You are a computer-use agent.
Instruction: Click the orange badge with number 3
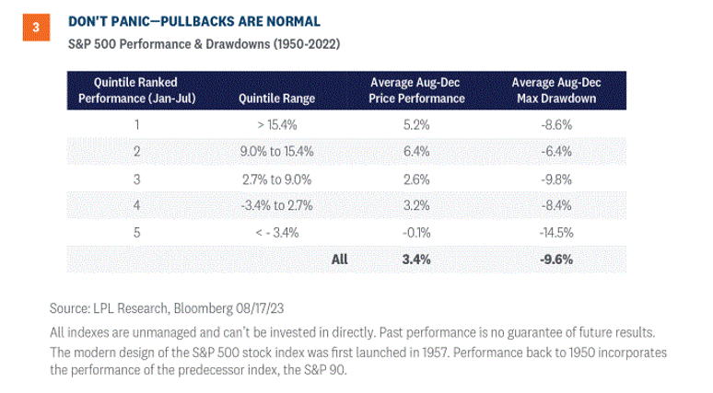click(x=36, y=28)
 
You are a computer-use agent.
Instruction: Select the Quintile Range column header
click(x=277, y=98)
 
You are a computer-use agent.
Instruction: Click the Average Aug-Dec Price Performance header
click(x=416, y=90)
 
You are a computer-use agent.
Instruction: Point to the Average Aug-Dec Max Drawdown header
click(x=556, y=90)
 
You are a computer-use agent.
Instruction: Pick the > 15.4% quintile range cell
click(x=277, y=124)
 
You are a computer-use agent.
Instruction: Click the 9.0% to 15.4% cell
click(x=277, y=151)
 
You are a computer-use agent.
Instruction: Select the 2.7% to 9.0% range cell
click(x=277, y=179)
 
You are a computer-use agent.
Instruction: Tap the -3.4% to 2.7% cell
click(x=277, y=205)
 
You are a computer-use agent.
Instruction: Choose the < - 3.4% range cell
click(x=277, y=233)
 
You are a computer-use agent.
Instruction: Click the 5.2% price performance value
click(x=416, y=124)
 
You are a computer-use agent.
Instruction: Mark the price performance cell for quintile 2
click(x=416, y=151)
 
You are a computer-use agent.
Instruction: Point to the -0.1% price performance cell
click(x=416, y=233)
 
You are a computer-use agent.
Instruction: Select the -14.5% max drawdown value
click(x=556, y=233)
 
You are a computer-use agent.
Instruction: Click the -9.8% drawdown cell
click(x=556, y=179)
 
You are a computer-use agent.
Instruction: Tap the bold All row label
click(x=339, y=260)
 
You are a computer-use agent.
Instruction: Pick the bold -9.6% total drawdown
click(x=556, y=260)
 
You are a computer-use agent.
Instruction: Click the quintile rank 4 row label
click(x=137, y=205)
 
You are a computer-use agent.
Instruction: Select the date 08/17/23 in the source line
click(x=259, y=308)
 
